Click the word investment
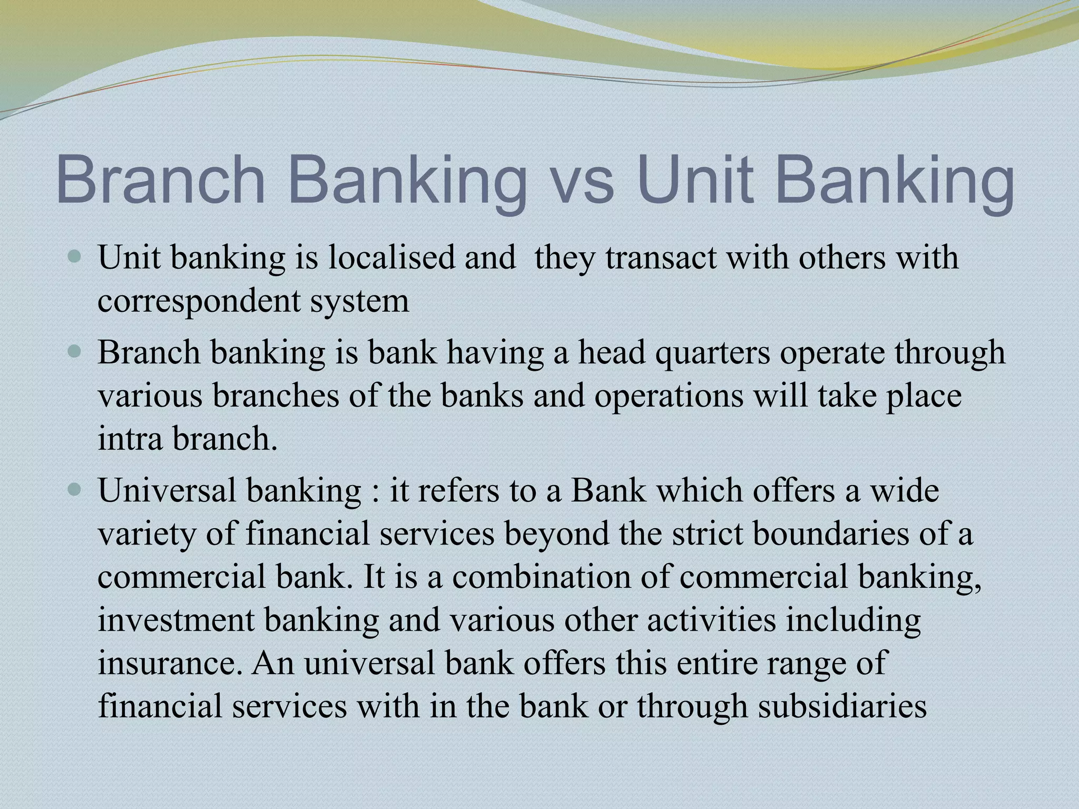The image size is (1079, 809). pyautogui.click(x=176, y=620)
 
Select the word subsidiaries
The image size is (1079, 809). pyautogui.click(x=842, y=706)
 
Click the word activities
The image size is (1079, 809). pyautogui.click(x=711, y=620)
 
